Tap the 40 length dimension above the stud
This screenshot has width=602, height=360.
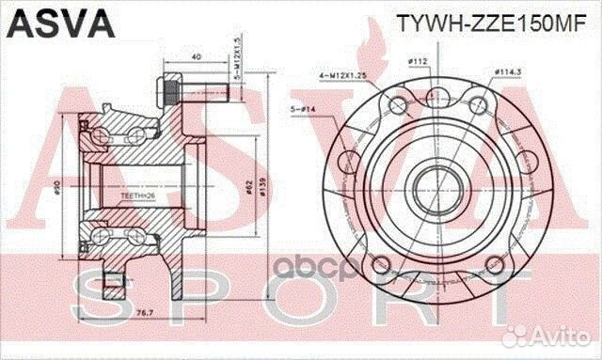point(195,56)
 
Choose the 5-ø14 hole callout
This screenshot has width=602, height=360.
point(308,109)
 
